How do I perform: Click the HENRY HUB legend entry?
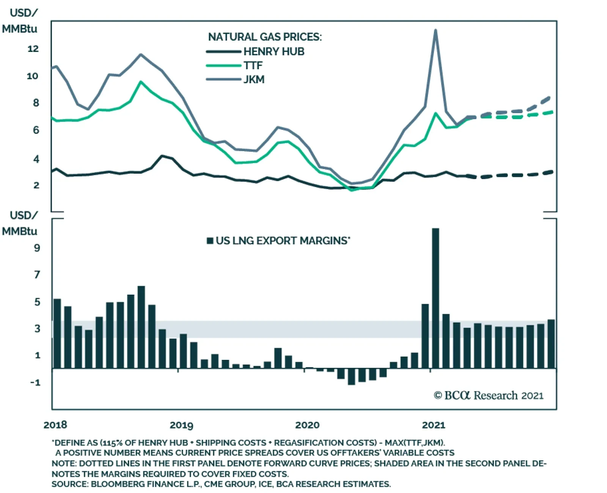[x=274, y=52]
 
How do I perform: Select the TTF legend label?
[x=253, y=66]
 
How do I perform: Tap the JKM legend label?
[x=254, y=80]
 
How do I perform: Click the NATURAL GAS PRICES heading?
[x=265, y=37]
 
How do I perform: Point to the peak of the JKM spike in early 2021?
[x=436, y=30]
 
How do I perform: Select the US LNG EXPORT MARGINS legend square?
[x=210, y=241]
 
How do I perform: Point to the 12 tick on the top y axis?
[x=33, y=49]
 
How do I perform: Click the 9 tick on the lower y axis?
[x=37, y=248]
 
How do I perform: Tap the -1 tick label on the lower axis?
[x=35, y=382]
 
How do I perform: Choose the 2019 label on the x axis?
[x=181, y=425]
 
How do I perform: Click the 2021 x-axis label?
[x=433, y=425]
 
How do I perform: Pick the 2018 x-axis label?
[x=55, y=425]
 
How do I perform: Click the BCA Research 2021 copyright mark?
[x=489, y=396]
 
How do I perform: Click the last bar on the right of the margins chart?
[x=551, y=344]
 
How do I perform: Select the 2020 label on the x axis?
[x=307, y=425]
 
